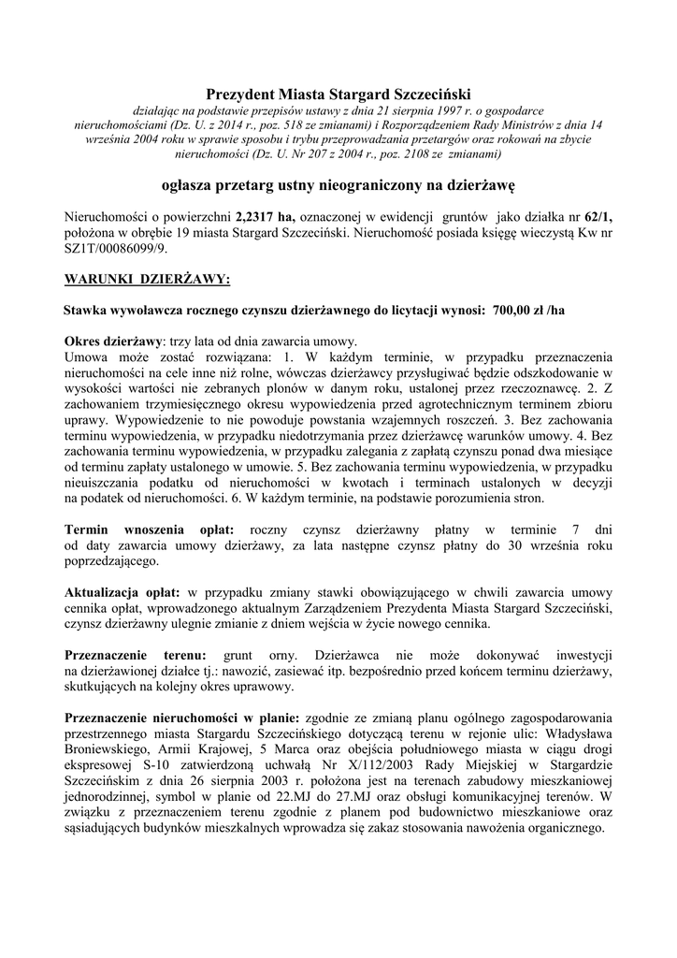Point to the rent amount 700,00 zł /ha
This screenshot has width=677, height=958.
(x=527, y=310)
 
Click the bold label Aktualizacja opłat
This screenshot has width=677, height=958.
(x=123, y=593)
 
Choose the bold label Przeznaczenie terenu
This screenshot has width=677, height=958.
(x=135, y=657)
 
